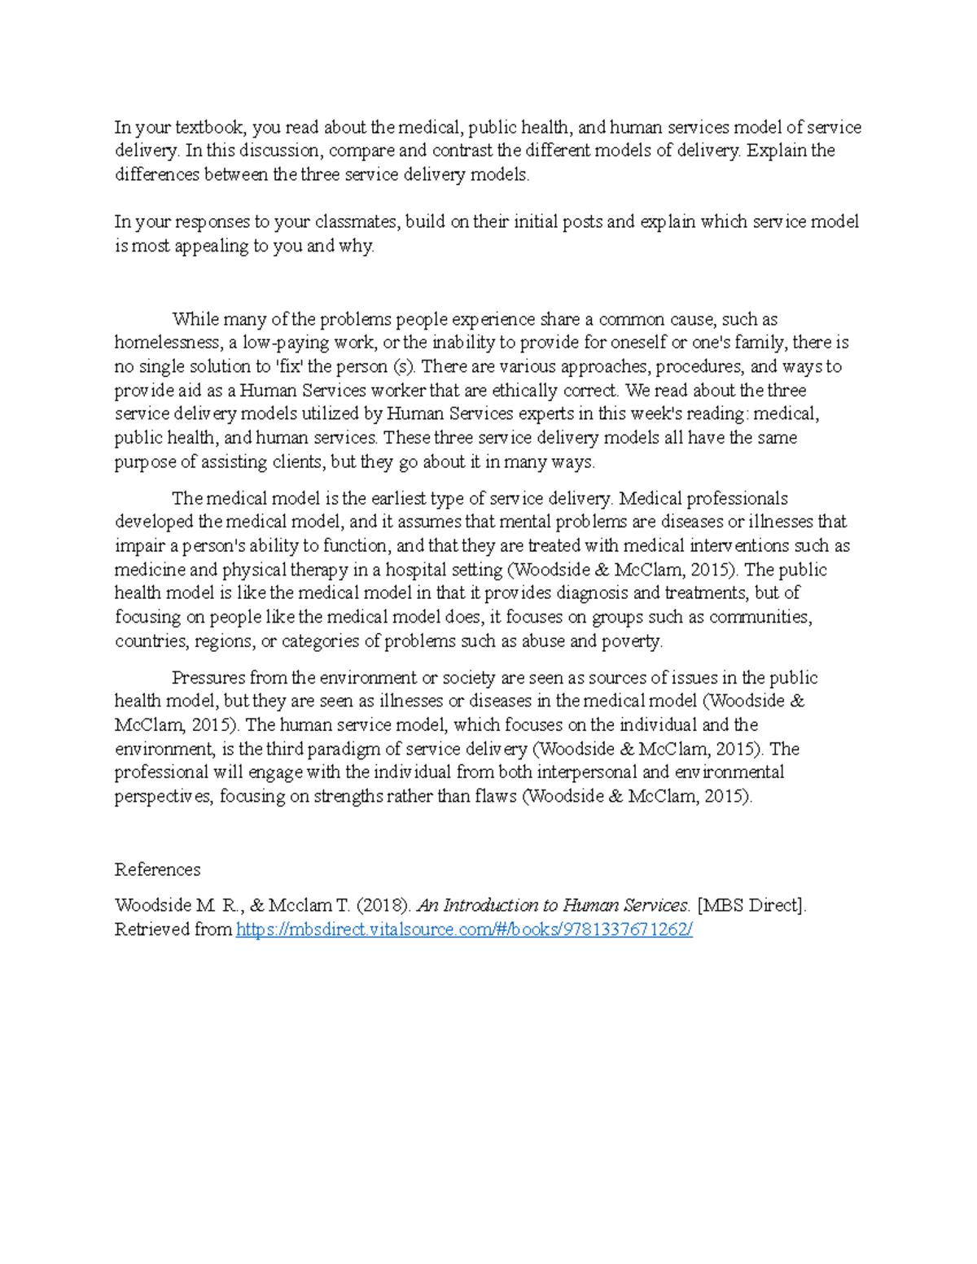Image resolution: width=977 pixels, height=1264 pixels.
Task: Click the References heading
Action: [x=157, y=870]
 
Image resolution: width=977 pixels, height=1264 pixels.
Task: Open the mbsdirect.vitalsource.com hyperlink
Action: [x=464, y=929]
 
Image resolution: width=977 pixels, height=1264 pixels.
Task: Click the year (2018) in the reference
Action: [x=383, y=906]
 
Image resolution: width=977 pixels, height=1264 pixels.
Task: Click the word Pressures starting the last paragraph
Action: [x=208, y=678]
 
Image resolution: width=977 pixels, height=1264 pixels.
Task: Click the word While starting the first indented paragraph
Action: [x=195, y=319]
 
